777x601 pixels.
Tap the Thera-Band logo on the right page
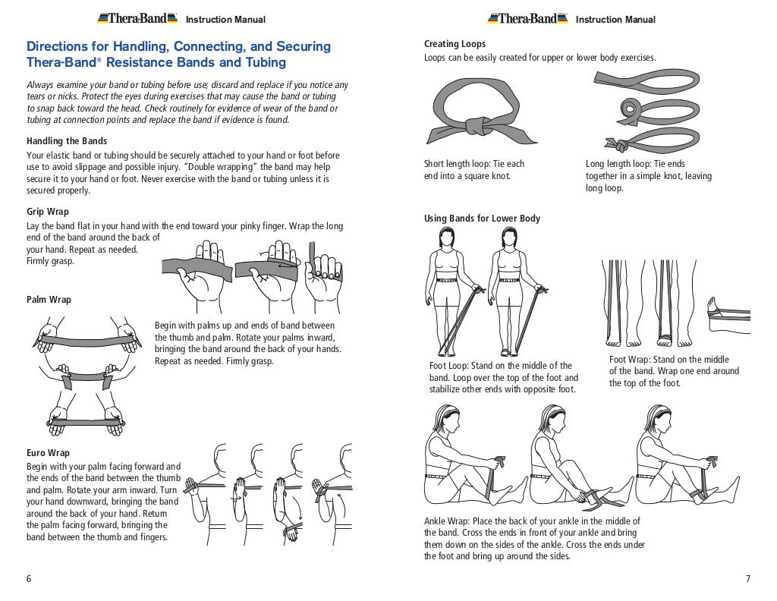pos(527,18)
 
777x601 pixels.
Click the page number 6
pos(29,579)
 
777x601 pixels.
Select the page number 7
pos(747,579)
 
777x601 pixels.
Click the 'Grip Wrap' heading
pos(48,212)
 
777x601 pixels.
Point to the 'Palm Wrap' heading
pos(49,300)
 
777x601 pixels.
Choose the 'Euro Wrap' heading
pos(48,453)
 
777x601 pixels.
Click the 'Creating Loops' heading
pos(455,44)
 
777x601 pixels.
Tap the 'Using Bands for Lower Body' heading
pos(482,219)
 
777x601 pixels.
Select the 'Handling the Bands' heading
pos(67,141)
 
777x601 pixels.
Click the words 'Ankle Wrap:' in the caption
pos(447,521)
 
